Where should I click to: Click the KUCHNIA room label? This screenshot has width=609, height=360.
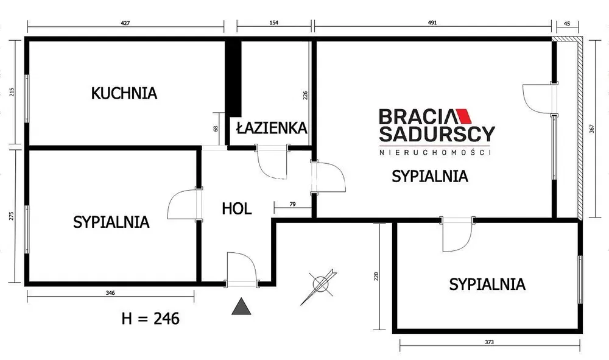pyautogui.click(x=124, y=93)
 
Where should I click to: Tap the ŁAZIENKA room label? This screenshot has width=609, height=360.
pyautogui.click(x=272, y=127)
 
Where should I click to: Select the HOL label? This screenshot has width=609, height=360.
pyautogui.click(x=236, y=209)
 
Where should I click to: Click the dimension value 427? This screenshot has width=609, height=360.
pyautogui.click(x=125, y=23)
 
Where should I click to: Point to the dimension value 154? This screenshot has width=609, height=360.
pyautogui.click(x=274, y=23)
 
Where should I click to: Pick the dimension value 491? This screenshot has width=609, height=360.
pyautogui.click(x=432, y=23)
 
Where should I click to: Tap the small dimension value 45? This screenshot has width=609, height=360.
pyautogui.click(x=566, y=24)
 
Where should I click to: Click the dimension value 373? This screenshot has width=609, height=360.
pyautogui.click(x=490, y=342)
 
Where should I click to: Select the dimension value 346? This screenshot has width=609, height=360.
pyautogui.click(x=110, y=293)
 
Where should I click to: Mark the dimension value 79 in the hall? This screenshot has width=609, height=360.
pyautogui.click(x=293, y=204)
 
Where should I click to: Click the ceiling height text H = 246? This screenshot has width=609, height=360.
pyautogui.click(x=150, y=319)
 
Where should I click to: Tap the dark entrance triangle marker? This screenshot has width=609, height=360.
pyautogui.click(x=241, y=306)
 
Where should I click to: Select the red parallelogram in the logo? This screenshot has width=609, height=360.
pyautogui.click(x=463, y=115)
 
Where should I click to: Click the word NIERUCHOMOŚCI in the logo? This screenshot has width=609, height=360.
pyautogui.click(x=435, y=152)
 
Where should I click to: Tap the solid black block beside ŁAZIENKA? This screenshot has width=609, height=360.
pyautogui.click(x=234, y=79)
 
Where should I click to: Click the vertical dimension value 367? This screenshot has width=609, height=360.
pyautogui.click(x=591, y=129)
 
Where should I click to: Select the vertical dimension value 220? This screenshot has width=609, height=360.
pyautogui.click(x=376, y=277)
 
